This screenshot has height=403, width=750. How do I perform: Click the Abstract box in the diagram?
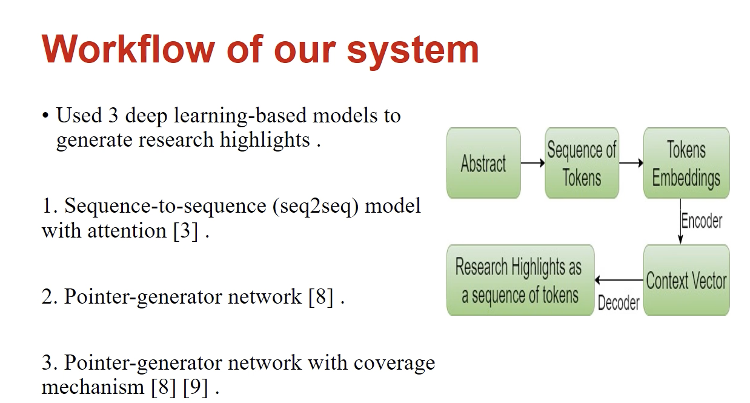pyautogui.click(x=483, y=163)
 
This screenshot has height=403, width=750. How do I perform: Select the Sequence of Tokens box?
pyautogui.click(x=582, y=163)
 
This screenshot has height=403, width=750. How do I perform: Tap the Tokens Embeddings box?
pyautogui.click(x=686, y=163)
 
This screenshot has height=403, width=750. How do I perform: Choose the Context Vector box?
pyautogui.click(x=686, y=280)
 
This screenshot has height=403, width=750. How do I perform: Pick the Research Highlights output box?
pyautogui.click(x=520, y=280)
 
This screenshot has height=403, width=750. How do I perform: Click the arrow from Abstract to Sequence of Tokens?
pyautogui.click(x=533, y=163)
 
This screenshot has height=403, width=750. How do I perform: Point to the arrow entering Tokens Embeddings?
pyautogui.click(x=631, y=163)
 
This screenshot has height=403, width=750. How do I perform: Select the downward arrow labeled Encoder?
pyautogui.click(x=680, y=221)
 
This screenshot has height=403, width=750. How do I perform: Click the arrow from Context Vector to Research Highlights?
pyautogui.click(x=619, y=280)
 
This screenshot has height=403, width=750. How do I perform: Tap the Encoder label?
pyautogui.click(x=702, y=221)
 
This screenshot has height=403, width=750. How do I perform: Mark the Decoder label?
pyautogui.click(x=619, y=303)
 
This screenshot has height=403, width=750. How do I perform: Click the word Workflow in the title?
pyautogui.click(x=128, y=49)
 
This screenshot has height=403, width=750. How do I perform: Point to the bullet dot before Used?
pyautogui.click(x=45, y=116)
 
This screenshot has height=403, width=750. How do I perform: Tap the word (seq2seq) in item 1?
pyautogui.click(x=316, y=207)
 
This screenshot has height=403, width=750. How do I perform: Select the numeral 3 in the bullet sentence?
pyautogui.click(x=113, y=115)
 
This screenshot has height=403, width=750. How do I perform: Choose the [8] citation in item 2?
pyautogui.click(x=320, y=296)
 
